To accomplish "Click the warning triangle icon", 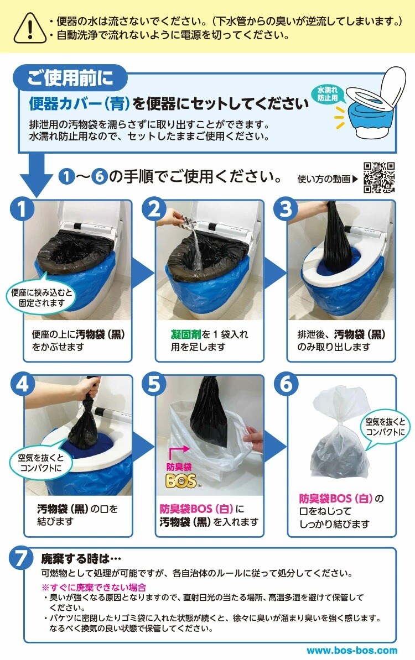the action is point(29,28).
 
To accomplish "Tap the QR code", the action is point(379,177).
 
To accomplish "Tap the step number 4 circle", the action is point(22,384).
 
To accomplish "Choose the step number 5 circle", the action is point(154,384).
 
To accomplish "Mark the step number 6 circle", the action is point(286,384).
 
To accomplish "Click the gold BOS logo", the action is point(181,481).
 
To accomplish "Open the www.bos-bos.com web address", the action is point(352,651).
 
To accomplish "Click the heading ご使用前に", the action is point(71,78).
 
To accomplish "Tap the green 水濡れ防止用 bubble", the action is point(328,95).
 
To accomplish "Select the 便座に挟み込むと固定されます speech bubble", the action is point(41,297).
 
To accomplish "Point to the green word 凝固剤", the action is point(186,334).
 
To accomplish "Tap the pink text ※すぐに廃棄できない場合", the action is point(94,587).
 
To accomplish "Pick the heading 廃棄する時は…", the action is point(81,558).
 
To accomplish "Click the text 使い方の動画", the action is point(324,179).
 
